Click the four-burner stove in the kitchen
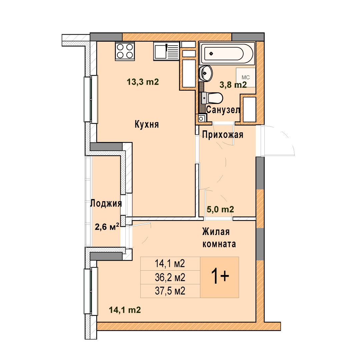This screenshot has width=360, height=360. click(x=125, y=51)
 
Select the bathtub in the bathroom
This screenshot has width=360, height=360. click(x=227, y=53)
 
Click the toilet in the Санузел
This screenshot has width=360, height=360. click(x=212, y=98)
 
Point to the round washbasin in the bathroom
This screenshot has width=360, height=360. click(x=206, y=73)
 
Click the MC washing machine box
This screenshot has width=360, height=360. click(x=246, y=77)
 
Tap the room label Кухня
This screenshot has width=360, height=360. click(x=147, y=124)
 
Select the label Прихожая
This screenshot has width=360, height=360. click(x=223, y=135)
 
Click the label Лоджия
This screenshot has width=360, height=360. click(x=106, y=203)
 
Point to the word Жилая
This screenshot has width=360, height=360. click(x=216, y=232)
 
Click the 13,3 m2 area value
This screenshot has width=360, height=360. click(x=143, y=82)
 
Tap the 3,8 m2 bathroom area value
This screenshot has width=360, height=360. click(x=233, y=85)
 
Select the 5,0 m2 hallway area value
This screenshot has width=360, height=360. click(x=220, y=209)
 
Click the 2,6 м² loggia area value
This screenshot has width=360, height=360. click(x=107, y=227)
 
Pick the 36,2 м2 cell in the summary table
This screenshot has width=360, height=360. click(x=170, y=278)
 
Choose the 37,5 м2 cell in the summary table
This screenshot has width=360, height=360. click(x=170, y=291)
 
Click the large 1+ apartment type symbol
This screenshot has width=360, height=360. click(x=220, y=276)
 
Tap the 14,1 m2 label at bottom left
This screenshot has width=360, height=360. click(x=125, y=310)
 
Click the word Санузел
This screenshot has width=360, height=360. click(x=223, y=110)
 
